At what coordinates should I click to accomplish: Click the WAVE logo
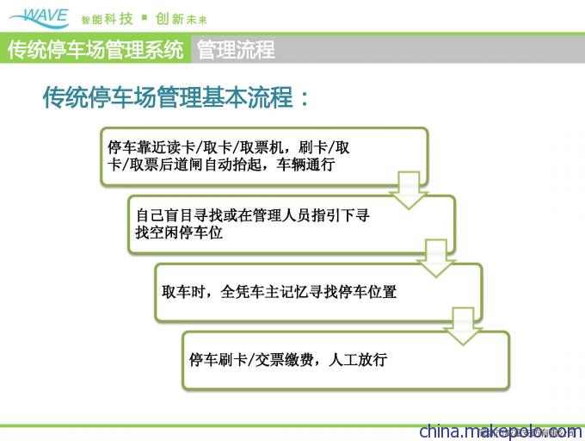pos(40,18)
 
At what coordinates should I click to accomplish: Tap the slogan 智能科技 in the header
pos(107,19)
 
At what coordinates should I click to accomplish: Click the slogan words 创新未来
pos(182,19)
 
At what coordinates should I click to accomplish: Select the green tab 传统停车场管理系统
pos(95,49)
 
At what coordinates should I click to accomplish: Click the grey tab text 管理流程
pos(236,49)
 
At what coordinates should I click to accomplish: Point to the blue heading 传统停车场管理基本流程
pos(168,97)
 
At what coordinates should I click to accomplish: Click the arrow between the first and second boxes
pos(409,190)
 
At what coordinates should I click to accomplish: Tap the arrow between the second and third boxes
pos(436,258)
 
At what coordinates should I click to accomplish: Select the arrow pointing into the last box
pos(463,326)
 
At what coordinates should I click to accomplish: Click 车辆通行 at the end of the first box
pos(305,165)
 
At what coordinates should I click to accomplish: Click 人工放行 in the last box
pos(358,360)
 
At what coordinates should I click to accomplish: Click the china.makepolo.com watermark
pos(501,432)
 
